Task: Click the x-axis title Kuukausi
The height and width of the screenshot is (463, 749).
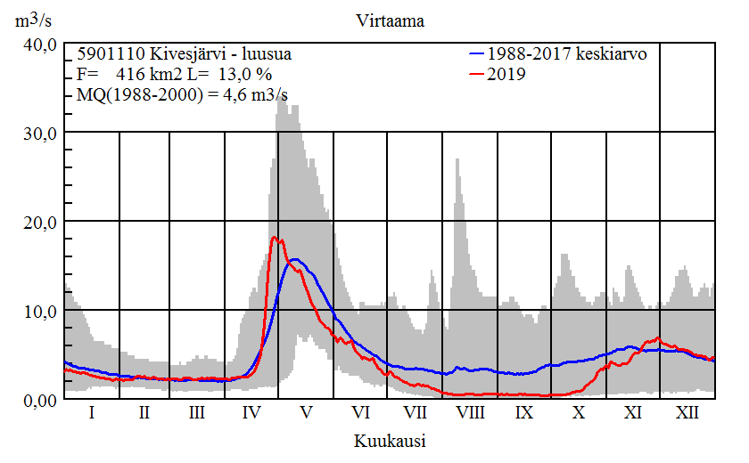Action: (x=389, y=441)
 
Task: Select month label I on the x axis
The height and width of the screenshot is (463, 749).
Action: (x=92, y=413)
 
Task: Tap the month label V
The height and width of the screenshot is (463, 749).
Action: (x=306, y=413)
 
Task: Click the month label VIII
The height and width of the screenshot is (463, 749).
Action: (x=470, y=413)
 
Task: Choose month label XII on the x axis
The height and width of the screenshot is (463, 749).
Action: (x=687, y=413)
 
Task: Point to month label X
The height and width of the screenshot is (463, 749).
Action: (x=579, y=413)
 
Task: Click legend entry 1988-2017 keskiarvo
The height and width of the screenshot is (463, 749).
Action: (x=567, y=54)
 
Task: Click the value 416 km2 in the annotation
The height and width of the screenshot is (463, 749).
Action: (x=145, y=74)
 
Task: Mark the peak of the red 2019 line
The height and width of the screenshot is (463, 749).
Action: (x=274, y=237)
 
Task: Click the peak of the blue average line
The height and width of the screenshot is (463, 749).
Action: (x=294, y=259)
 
